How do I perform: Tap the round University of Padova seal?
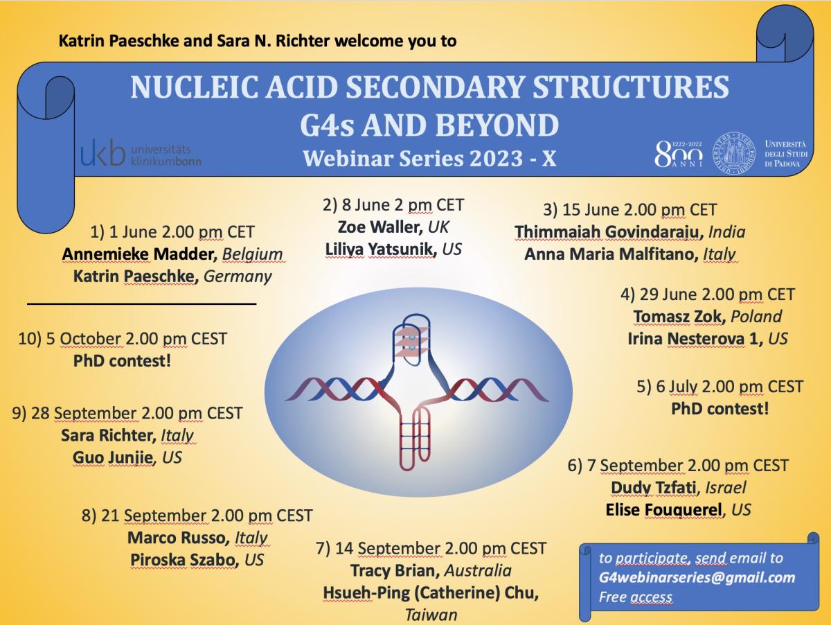tap(733, 153)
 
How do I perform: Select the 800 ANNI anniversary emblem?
tap(678, 154)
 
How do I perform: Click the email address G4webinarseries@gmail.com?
tap(697, 577)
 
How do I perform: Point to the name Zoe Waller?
tap(379, 227)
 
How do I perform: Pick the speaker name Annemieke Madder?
tap(139, 254)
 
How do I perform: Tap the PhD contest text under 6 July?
tap(720, 409)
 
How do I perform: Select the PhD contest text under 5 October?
tap(122, 360)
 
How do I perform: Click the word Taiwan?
tap(431, 615)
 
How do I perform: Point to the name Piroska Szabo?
tap(184, 560)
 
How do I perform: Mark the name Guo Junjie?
tap(113, 457)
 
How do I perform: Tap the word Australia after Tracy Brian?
tap(478, 570)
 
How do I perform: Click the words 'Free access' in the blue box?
tap(636, 597)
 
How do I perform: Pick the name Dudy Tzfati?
tap(654, 488)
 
